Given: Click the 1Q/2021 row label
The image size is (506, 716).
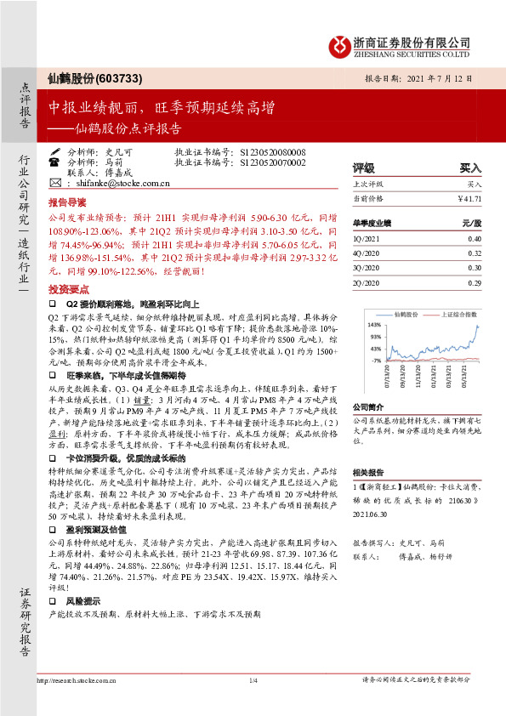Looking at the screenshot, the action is click(x=366, y=239).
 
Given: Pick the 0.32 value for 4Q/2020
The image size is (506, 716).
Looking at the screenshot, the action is click(x=473, y=253).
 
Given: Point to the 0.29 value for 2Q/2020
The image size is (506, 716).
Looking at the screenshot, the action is click(x=473, y=282).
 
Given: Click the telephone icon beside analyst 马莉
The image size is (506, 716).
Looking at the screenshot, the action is click(x=55, y=161).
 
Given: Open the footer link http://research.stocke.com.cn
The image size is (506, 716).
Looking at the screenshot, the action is click(x=76, y=704).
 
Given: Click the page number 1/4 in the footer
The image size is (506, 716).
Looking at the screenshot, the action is click(x=253, y=704).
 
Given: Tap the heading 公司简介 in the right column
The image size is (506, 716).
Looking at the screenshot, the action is click(x=369, y=407).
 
